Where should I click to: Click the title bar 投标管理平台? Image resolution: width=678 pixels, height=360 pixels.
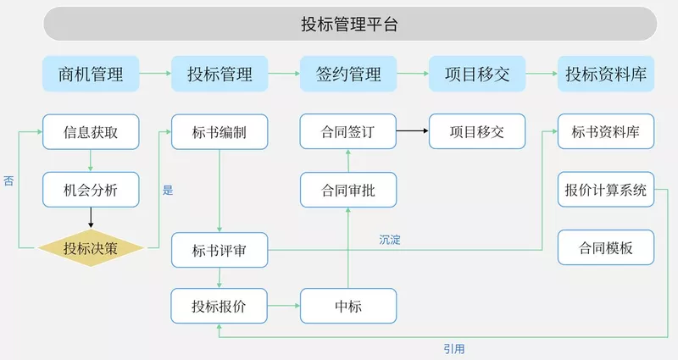point(349,24)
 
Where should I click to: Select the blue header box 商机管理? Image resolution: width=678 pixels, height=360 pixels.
point(91,74)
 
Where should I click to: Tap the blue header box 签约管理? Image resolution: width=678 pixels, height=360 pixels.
point(348,74)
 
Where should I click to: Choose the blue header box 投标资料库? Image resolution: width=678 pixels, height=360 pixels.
point(606,74)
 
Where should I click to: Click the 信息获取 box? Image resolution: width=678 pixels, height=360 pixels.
point(91,132)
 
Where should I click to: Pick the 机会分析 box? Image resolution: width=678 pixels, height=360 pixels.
point(91,191)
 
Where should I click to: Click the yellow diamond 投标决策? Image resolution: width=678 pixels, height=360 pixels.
point(91,249)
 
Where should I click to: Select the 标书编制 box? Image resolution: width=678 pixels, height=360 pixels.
point(220,132)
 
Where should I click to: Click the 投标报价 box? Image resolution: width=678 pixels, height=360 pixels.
point(220,306)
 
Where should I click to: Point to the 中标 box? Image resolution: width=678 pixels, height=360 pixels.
point(348,306)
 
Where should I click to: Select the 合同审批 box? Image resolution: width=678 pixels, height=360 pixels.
point(348,191)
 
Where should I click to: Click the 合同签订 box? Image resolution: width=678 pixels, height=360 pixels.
point(348,132)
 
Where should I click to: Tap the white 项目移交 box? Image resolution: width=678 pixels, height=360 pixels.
point(477,132)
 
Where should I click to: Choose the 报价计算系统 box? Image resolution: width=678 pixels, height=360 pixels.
point(606,191)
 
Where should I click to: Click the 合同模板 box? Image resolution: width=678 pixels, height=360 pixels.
point(606,249)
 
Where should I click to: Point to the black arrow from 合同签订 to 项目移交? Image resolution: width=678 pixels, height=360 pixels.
point(412,132)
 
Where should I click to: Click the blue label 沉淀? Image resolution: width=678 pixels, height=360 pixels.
point(390,241)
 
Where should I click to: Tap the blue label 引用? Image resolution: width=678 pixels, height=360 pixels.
point(453,348)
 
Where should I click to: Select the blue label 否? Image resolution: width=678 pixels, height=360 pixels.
point(8,180)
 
